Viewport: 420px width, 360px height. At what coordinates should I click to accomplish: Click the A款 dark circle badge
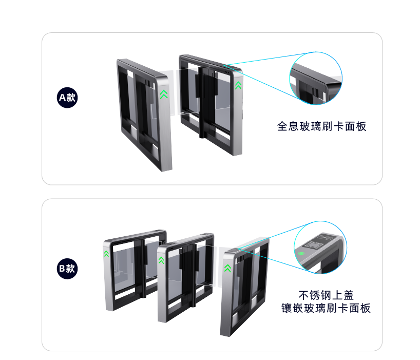click(67, 98)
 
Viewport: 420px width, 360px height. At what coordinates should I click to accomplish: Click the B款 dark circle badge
click(67, 269)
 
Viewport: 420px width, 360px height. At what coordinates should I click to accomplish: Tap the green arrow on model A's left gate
click(164, 94)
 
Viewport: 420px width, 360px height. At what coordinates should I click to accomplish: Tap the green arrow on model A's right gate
click(238, 85)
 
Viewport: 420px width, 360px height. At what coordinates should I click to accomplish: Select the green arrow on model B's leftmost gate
click(107, 254)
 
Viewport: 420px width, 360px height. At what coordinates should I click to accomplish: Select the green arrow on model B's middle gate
click(161, 260)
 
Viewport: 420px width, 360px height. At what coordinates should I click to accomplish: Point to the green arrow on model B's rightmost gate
click(227, 268)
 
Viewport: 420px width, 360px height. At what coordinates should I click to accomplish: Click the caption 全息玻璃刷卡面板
click(321, 126)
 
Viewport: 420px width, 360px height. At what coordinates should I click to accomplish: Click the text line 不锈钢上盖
click(326, 295)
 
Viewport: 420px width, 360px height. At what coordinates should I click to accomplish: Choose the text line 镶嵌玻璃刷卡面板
click(326, 308)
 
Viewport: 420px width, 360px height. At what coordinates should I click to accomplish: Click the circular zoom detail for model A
click(316, 78)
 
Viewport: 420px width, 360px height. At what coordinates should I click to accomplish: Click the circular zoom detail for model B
click(320, 248)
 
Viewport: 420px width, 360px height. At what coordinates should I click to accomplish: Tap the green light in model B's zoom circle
click(301, 253)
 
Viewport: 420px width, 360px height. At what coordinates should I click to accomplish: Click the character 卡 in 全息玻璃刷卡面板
click(338, 126)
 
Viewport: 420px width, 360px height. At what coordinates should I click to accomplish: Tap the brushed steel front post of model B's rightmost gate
click(227, 292)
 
